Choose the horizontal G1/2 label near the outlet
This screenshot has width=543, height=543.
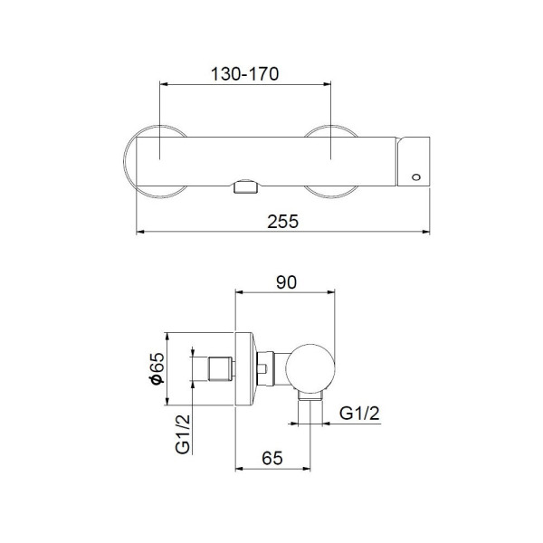pos(359,414)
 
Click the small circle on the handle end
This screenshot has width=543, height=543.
pos(415,176)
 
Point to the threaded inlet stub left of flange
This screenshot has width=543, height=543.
pos(221,369)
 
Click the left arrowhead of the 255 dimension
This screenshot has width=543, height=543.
pos(139,233)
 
